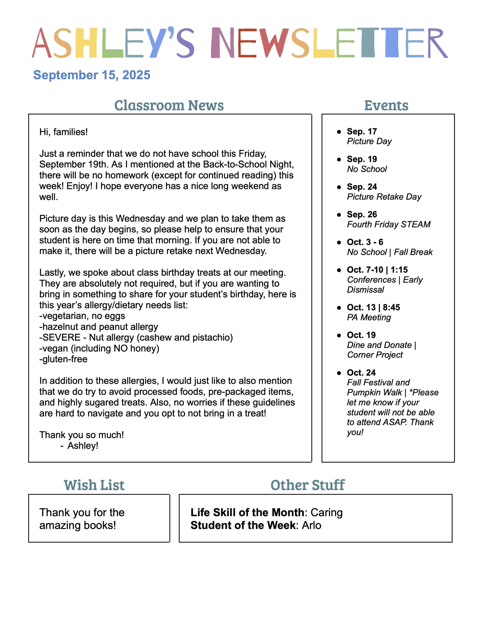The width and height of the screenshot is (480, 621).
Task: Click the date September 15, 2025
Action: (x=92, y=75)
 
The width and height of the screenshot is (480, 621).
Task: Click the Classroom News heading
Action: (x=169, y=105)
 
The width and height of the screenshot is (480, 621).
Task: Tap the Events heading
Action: (x=386, y=106)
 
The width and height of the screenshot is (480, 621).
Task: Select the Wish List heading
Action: (x=94, y=485)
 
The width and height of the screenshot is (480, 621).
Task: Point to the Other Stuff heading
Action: (x=307, y=485)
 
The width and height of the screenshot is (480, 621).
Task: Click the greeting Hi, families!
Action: (x=63, y=132)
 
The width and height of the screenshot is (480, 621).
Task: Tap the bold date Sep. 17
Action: (x=362, y=131)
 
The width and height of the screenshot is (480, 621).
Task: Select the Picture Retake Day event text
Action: (x=384, y=197)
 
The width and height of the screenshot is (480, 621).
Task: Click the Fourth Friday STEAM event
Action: (x=388, y=224)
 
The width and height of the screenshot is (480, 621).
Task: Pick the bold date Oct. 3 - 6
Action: (x=365, y=242)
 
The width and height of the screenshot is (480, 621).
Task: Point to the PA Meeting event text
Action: (x=369, y=317)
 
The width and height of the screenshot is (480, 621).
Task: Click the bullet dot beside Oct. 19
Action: (x=339, y=335)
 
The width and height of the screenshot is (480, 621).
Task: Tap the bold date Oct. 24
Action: (x=361, y=373)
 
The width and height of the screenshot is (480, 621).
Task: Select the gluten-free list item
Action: (x=63, y=359)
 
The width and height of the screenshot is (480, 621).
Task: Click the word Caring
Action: (x=326, y=512)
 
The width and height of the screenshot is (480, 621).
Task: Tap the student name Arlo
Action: (x=311, y=525)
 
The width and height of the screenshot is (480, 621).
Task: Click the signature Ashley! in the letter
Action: (x=83, y=446)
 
